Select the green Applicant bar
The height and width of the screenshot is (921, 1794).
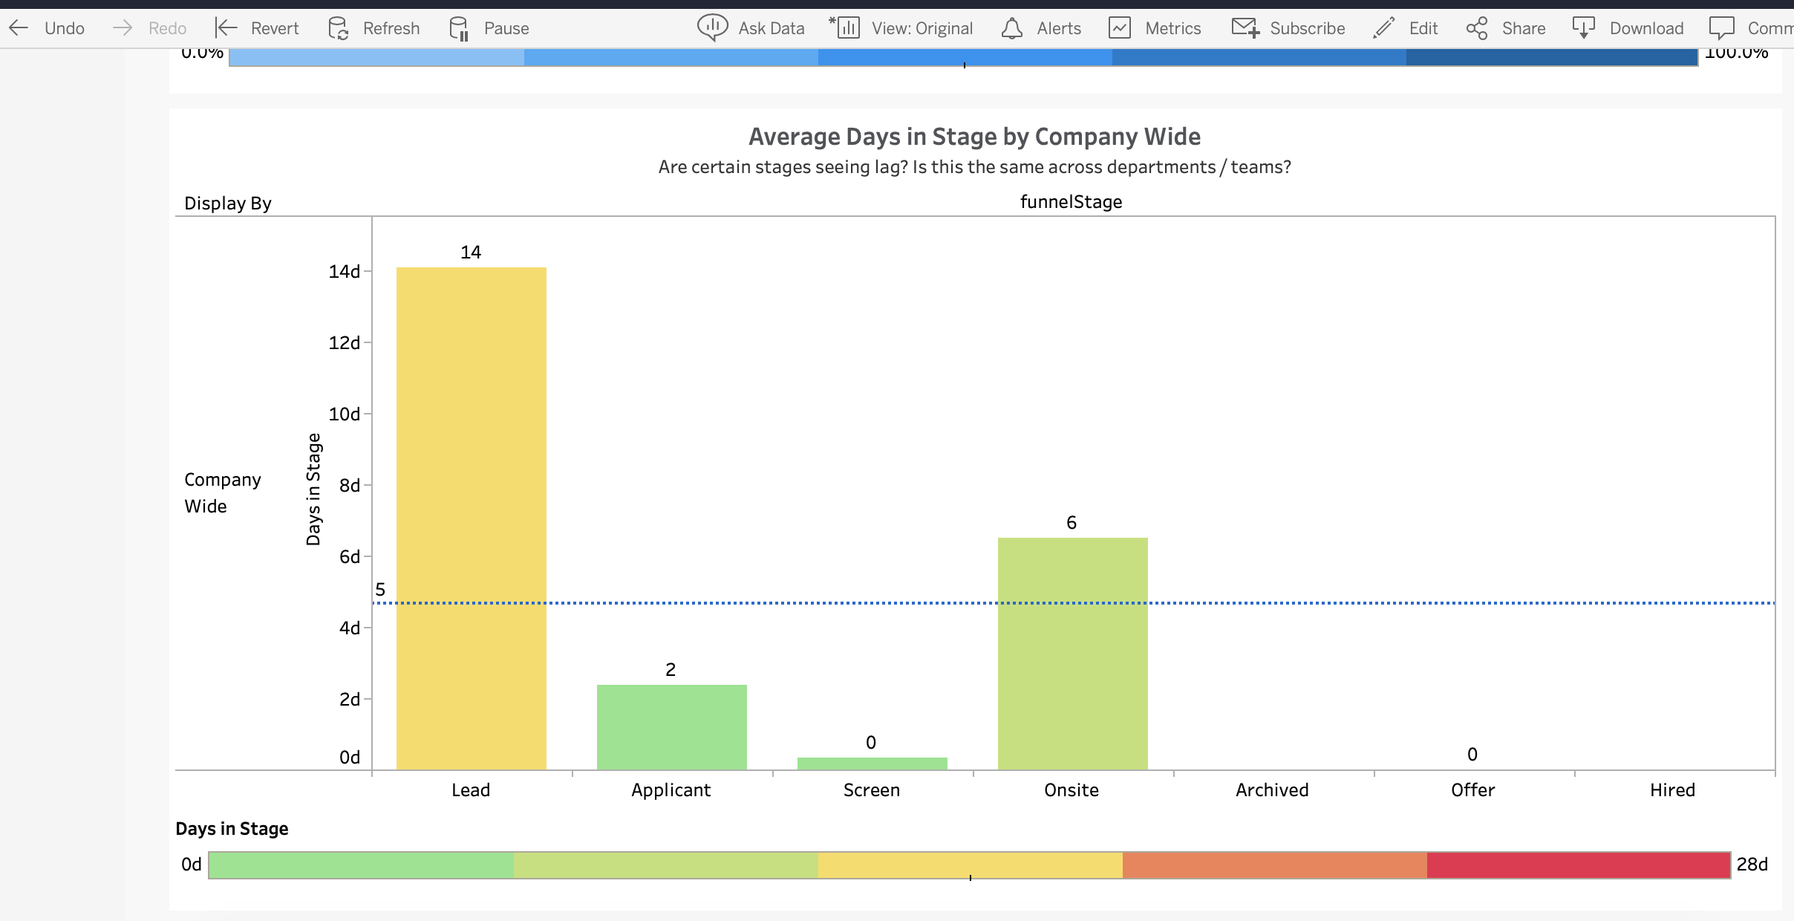tap(671, 727)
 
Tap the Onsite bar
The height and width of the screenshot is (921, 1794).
tap(1072, 654)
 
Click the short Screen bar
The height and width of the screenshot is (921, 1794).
tap(872, 764)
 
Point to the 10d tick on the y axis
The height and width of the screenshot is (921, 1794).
tap(345, 414)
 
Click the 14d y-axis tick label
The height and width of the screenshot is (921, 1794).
tap(345, 271)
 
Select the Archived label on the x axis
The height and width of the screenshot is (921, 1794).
tap(1271, 790)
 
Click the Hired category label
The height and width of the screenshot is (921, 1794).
tap(1671, 790)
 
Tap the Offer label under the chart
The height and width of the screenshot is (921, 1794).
tap(1472, 790)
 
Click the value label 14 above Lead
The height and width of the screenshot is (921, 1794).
tap(471, 253)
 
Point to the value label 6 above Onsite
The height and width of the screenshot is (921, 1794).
tap(1071, 523)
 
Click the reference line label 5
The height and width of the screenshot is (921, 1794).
tap(380, 590)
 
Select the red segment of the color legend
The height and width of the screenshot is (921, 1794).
tap(1578, 865)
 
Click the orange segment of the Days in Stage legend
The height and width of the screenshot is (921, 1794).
tap(1274, 865)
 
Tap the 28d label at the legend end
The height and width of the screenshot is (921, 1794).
tap(1752, 865)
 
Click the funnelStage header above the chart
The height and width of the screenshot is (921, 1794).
tap(1070, 202)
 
